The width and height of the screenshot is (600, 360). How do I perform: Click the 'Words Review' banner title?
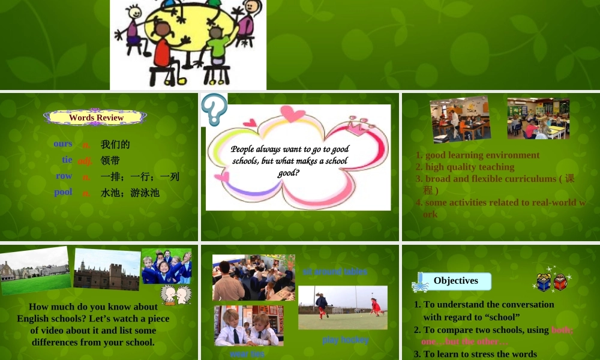tap(96, 118)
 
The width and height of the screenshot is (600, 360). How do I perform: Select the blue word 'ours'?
tap(63, 143)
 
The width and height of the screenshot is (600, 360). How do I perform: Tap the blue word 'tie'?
tap(67, 160)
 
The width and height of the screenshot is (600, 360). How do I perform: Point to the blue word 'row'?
tap(64, 176)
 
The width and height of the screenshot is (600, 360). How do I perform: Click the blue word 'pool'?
tap(63, 192)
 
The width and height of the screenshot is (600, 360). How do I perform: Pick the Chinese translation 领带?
tap(110, 160)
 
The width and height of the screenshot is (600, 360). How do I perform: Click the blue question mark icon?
tap(214, 109)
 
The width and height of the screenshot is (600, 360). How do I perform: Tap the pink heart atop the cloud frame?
tap(292, 113)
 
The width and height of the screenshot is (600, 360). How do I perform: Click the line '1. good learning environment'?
tap(478, 155)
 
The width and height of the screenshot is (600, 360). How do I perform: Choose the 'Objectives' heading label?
tap(456, 281)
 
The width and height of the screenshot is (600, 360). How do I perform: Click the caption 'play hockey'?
tap(345, 340)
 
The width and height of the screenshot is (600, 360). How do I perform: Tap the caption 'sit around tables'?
tap(335, 272)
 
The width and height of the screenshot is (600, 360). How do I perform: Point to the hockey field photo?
tap(343, 307)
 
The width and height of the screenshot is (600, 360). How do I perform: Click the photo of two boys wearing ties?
tap(249, 326)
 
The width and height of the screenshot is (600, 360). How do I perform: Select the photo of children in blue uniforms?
tap(166, 266)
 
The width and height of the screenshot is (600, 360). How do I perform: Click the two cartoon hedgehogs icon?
tap(176, 294)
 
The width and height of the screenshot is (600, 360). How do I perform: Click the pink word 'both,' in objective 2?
tap(562, 329)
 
